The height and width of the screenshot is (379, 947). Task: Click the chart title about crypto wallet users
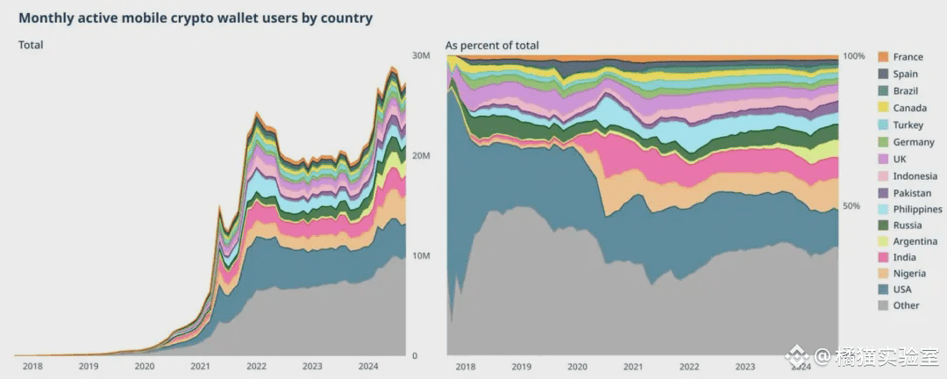(x=196, y=18)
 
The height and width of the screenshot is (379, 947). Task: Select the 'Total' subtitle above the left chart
(x=31, y=45)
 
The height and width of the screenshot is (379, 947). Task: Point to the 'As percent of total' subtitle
(x=492, y=46)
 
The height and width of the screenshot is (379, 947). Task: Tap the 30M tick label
(x=420, y=55)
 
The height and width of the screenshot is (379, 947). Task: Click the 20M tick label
(x=420, y=156)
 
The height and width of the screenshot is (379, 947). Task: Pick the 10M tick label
(x=420, y=255)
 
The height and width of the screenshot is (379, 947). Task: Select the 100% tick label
(x=854, y=56)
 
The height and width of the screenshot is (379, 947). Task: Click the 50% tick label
(x=851, y=206)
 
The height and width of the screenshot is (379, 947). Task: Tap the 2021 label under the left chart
(x=201, y=366)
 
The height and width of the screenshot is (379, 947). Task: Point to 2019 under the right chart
(x=521, y=366)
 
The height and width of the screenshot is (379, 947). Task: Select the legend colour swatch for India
(x=883, y=258)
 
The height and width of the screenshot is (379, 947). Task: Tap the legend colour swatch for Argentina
(x=883, y=241)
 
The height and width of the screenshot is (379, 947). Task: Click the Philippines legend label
(x=918, y=209)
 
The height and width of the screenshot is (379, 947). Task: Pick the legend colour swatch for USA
(x=883, y=289)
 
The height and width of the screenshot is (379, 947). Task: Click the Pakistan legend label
(x=912, y=193)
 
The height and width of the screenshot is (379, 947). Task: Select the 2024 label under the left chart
(x=368, y=366)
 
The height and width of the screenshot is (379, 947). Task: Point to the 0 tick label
(x=414, y=356)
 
